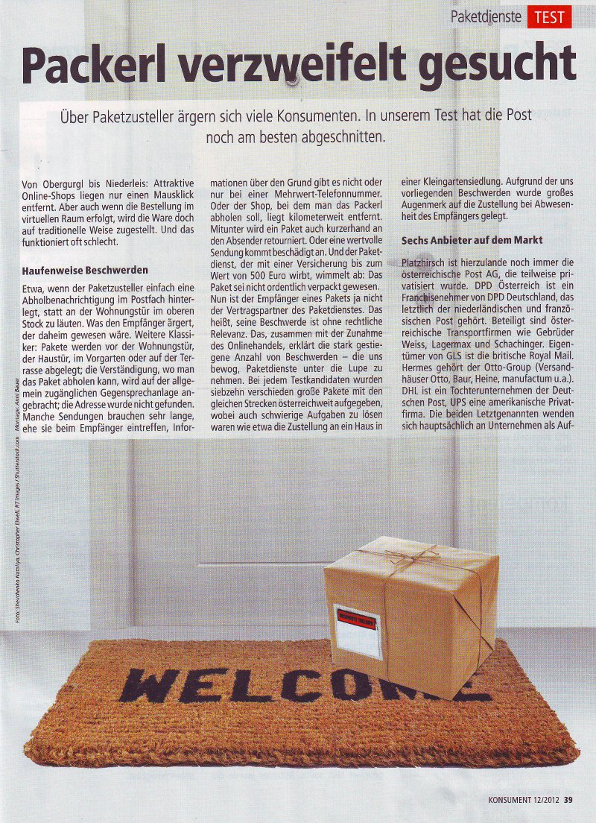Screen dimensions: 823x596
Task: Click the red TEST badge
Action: coord(549,16)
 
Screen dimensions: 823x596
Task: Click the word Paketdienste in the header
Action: coord(485,16)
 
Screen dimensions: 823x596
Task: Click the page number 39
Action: coord(568,800)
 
